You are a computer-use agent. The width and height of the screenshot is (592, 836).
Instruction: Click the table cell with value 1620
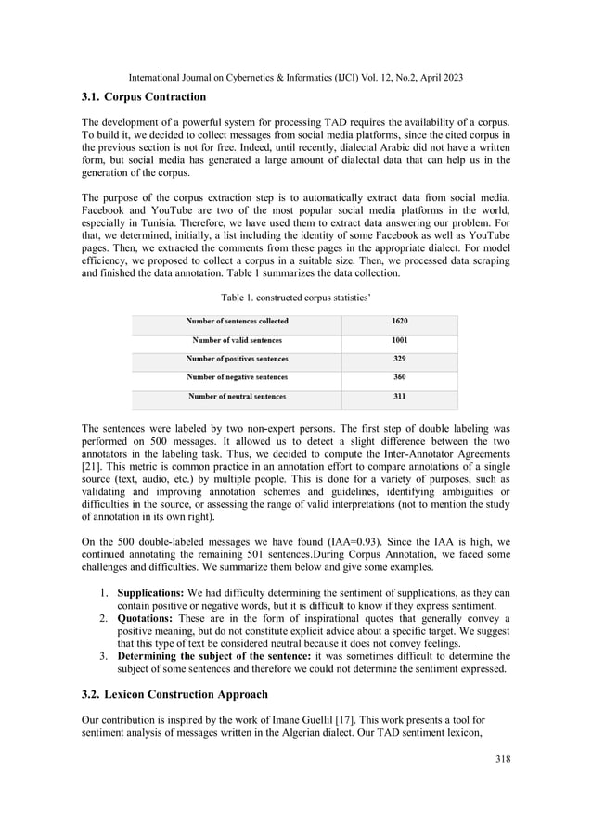(x=399, y=322)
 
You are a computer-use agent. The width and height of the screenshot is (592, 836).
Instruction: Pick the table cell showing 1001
(x=399, y=340)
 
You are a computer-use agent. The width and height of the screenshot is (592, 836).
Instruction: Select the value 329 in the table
(x=399, y=359)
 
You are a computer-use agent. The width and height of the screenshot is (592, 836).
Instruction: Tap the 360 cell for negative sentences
(x=399, y=377)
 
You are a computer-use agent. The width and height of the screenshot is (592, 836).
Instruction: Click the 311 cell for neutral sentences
(x=399, y=396)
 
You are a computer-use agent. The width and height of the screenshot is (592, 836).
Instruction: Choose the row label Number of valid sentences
(x=237, y=340)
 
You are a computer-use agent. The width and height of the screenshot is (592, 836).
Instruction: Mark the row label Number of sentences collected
(x=237, y=322)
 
